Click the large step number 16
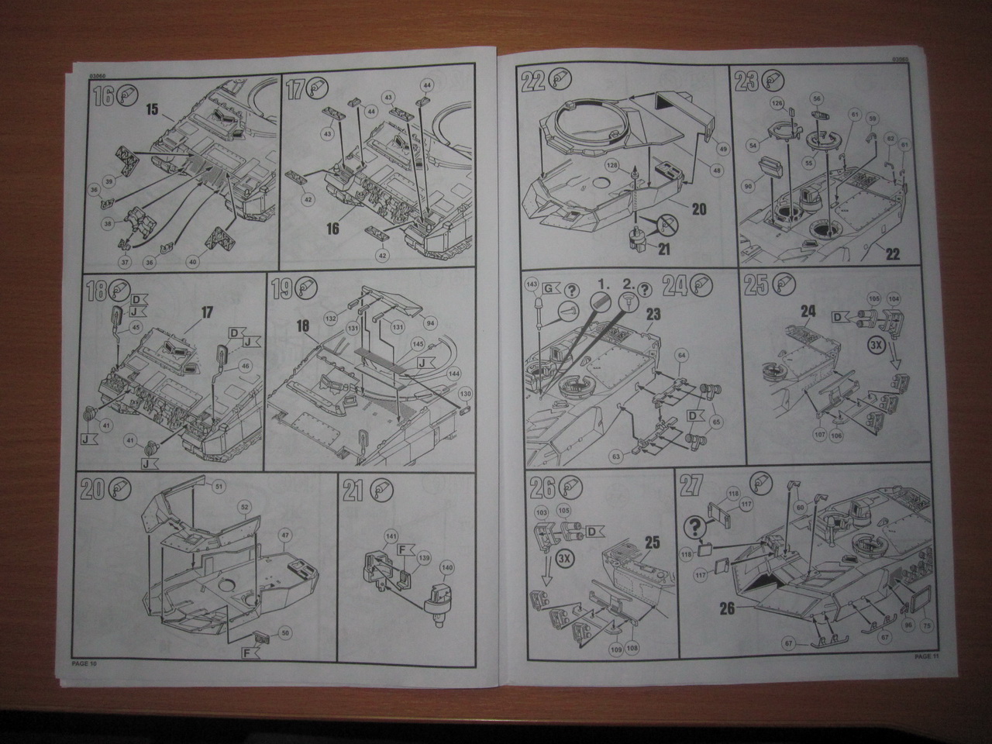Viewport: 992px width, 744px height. click(x=102, y=96)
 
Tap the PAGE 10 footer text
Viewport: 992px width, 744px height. click(x=84, y=663)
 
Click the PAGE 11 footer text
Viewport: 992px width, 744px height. click(x=926, y=656)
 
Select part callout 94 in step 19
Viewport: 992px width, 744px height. click(x=430, y=323)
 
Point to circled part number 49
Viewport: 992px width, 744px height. click(x=722, y=148)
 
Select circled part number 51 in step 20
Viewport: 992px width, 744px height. click(x=218, y=486)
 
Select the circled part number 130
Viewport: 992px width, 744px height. click(x=465, y=394)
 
